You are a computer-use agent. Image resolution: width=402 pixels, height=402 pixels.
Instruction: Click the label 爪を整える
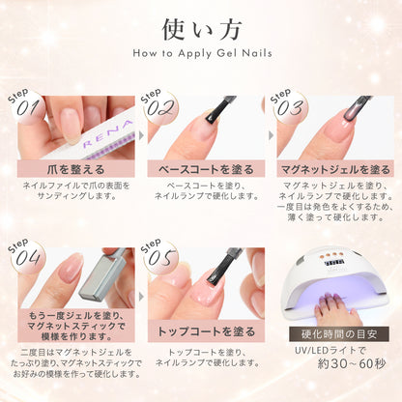69,170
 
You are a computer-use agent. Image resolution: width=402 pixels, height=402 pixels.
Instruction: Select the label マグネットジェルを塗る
335,170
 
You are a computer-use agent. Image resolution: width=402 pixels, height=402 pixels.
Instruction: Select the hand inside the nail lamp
338,307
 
